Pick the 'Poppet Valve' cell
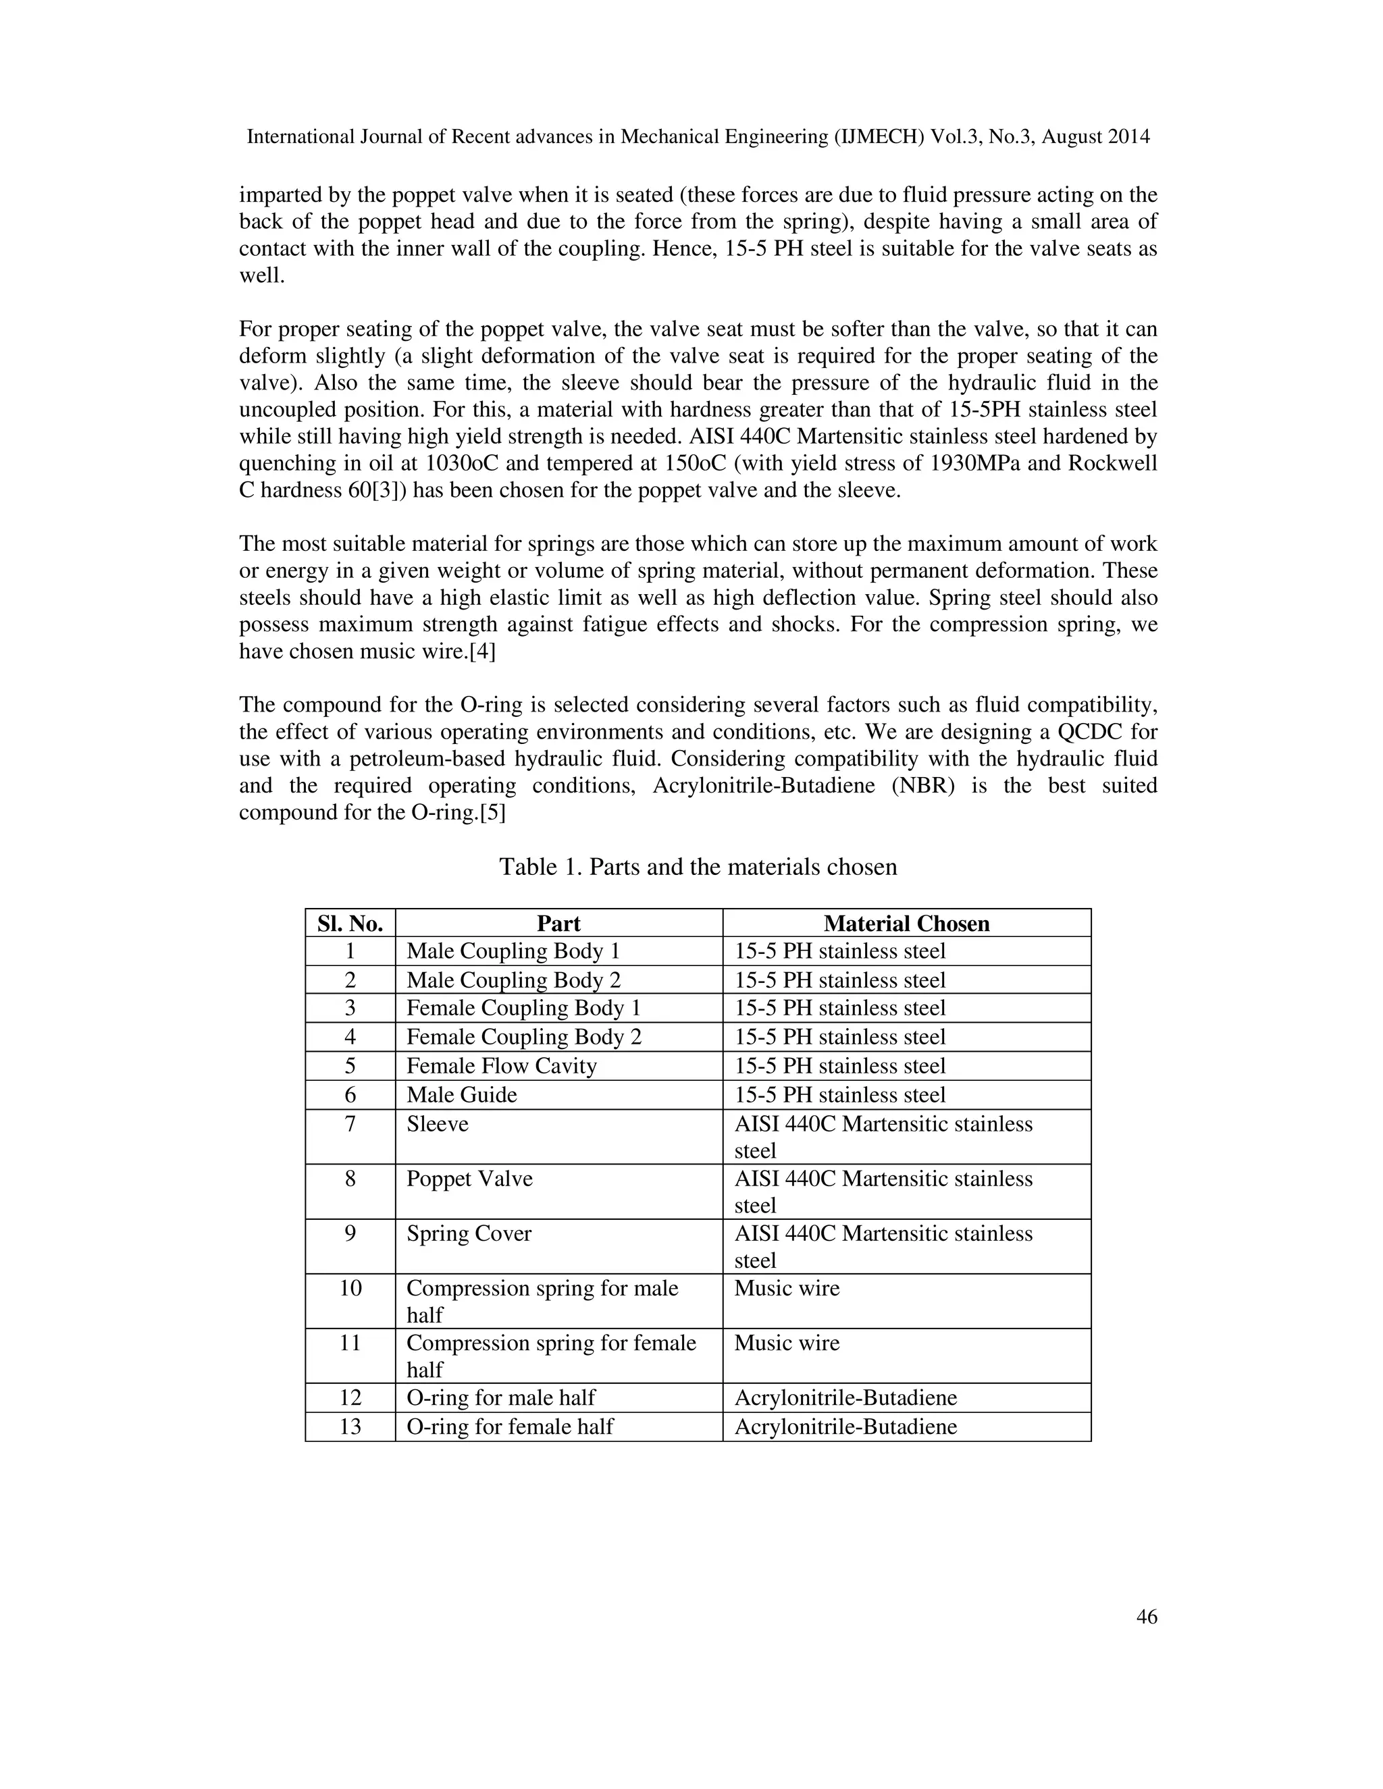click(x=469, y=1179)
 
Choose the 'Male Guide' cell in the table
click(x=461, y=1094)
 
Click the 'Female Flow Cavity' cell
click(x=502, y=1066)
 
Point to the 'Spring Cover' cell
click(x=469, y=1233)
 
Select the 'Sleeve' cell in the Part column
click(x=438, y=1124)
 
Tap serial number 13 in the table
click(x=350, y=1426)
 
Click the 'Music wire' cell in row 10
click(x=787, y=1289)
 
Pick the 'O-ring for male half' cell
click(x=500, y=1397)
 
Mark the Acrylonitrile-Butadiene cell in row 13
click(x=845, y=1426)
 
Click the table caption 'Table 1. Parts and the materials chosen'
click(x=698, y=867)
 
